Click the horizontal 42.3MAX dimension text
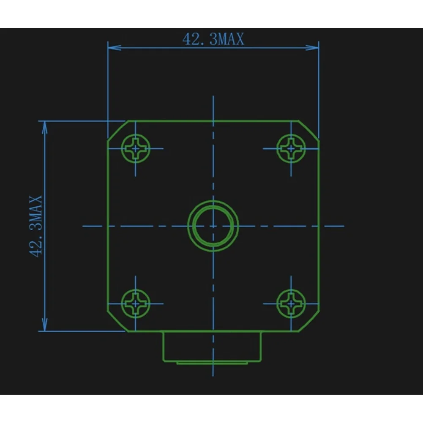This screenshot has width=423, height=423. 213,39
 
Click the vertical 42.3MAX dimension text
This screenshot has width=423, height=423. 36,226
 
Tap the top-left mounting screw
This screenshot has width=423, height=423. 135,148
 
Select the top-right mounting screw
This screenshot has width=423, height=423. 291,148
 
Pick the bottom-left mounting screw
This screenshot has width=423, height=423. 135,304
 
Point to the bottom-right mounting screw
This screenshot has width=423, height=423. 291,304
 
